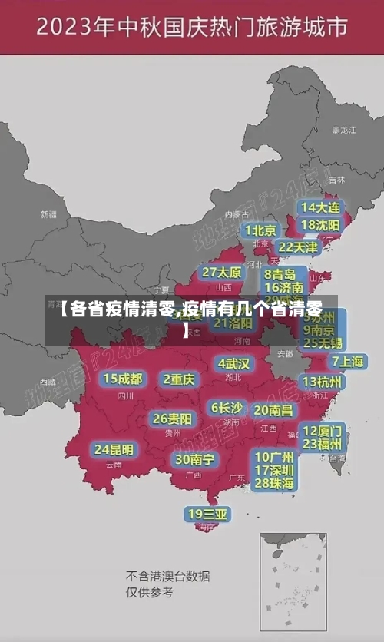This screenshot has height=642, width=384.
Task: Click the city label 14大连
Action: coord(320,208)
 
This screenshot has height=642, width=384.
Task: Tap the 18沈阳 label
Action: coord(320,225)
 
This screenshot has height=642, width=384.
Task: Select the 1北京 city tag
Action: coord(261,230)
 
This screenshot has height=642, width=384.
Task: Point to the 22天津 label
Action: coord(298,247)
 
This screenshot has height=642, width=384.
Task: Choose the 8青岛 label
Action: coord(280,274)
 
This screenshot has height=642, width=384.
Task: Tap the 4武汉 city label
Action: coord(233,362)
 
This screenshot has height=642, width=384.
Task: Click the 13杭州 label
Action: coord(323,382)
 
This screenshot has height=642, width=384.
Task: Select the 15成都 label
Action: coord(123,379)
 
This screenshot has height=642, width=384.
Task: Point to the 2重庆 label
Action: coord(179,379)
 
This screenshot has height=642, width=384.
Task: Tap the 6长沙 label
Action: coord(227,408)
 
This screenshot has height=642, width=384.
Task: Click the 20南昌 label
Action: coord(273,411)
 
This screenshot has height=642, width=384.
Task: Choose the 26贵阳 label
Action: coord(173,419)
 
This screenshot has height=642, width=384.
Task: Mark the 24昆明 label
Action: coord(114,449)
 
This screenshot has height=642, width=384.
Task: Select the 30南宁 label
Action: coord(194,459)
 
